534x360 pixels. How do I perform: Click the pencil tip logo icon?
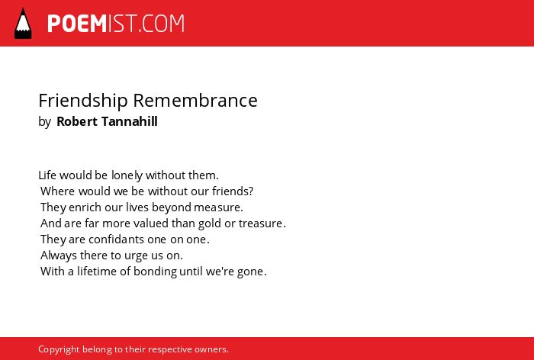[x=23, y=23]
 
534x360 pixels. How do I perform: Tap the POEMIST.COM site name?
[x=116, y=24]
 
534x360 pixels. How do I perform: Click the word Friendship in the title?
[x=83, y=101]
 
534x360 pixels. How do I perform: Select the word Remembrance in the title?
[x=195, y=101]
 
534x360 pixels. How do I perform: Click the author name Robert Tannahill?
[x=107, y=121]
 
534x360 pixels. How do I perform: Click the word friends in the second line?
[x=231, y=191]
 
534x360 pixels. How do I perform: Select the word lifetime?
[x=97, y=271]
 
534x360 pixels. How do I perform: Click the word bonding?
[x=155, y=272]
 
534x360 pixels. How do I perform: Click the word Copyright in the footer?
[x=59, y=350]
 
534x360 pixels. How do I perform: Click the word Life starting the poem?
[x=47, y=175]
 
